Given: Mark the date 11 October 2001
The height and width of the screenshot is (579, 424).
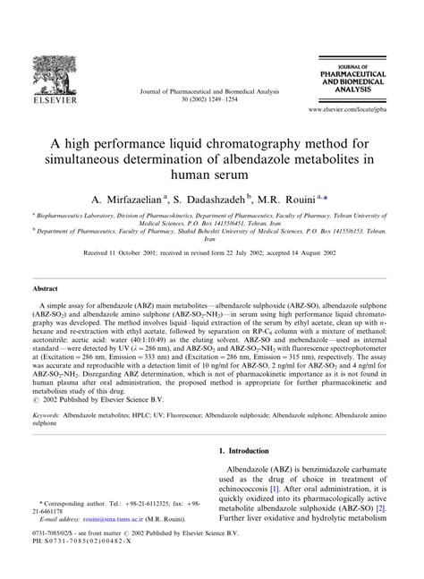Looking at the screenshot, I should [138, 252].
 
